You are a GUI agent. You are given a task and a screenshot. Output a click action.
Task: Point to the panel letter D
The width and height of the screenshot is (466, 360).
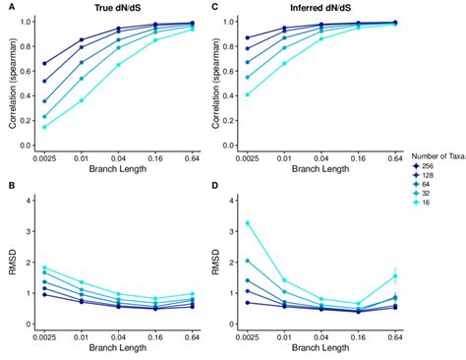[x=213, y=187]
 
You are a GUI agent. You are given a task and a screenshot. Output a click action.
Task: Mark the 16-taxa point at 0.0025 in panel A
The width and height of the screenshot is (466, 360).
[x=45, y=127]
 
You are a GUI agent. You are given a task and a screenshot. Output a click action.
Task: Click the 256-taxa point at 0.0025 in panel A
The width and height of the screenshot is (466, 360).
[x=45, y=63]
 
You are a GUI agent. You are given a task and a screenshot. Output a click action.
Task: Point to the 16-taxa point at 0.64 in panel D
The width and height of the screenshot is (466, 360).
[x=395, y=276]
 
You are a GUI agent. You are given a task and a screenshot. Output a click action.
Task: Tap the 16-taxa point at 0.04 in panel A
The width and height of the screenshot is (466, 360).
[x=119, y=65]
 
